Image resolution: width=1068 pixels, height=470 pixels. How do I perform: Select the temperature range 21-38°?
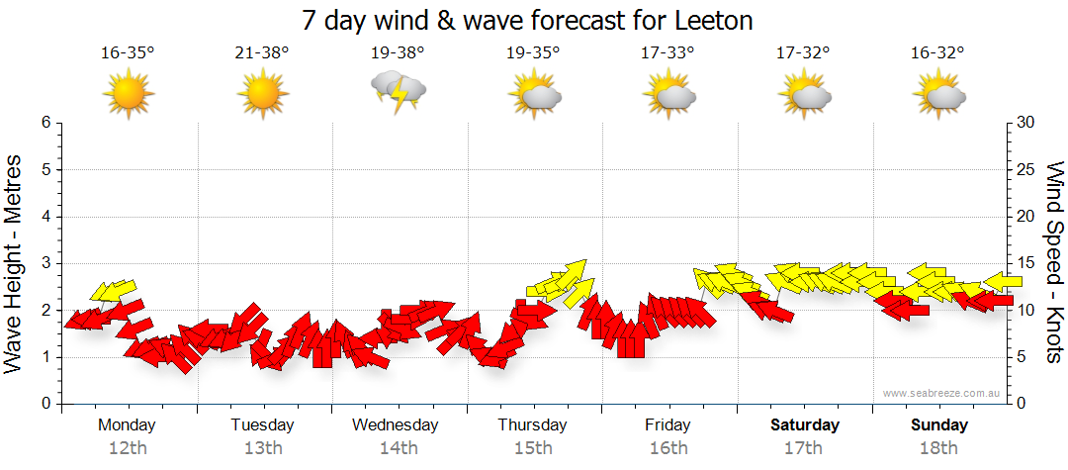[x=262, y=52]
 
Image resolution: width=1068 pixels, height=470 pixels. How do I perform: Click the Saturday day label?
[x=804, y=425]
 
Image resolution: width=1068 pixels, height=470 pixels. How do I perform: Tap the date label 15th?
[x=533, y=448]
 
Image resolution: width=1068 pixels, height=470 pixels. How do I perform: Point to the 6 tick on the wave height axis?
[x=45, y=123]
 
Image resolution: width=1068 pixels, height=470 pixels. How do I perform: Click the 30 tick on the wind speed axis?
[x=1026, y=123]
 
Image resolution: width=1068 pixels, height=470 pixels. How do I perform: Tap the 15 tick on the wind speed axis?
[x=1026, y=263]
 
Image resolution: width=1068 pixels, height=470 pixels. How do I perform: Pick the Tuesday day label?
[x=262, y=425]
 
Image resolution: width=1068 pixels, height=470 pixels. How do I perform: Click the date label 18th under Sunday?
[x=938, y=448]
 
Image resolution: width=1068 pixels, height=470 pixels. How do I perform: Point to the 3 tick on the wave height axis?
[x=45, y=263]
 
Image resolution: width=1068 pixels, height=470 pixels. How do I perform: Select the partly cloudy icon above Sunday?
[x=938, y=93]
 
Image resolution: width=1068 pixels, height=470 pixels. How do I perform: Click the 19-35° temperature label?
[x=532, y=52]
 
